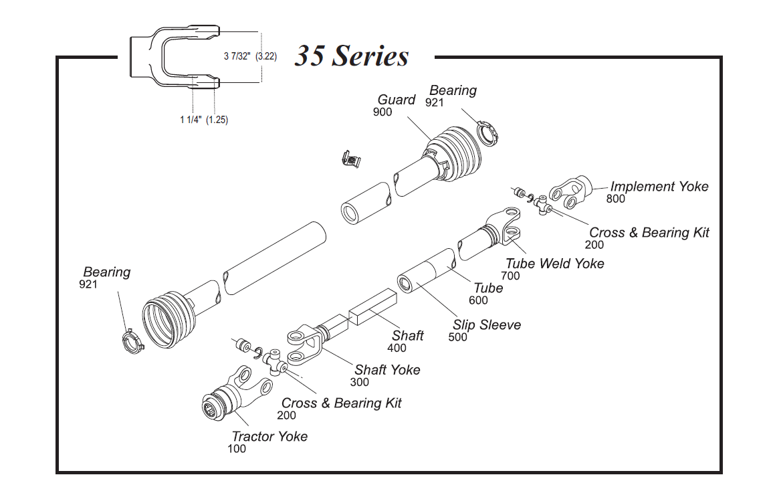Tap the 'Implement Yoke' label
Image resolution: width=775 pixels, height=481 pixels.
click(x=659, y=187)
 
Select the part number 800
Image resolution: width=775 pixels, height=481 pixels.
click(x=615, y=199)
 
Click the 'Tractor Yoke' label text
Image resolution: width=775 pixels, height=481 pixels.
click(x=269, y=436)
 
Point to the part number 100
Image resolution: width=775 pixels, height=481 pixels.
click(x=237, y=449)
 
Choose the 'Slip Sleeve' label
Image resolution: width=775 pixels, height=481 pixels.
click(x=486, y=325)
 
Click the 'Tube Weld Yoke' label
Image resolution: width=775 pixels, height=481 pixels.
click(x=554, y=264)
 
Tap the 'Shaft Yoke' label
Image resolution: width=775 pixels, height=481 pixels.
click(x=387, y=370)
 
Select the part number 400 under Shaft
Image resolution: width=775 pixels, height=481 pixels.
click(x=397, y=348)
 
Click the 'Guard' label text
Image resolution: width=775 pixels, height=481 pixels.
click(x=397, y=100)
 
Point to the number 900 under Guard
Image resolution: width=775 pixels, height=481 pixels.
click(x=382, y=112)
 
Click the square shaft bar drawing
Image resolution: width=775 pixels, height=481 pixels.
click(x=372, y=307)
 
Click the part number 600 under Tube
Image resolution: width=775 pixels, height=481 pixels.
click(x=478, y=300)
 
